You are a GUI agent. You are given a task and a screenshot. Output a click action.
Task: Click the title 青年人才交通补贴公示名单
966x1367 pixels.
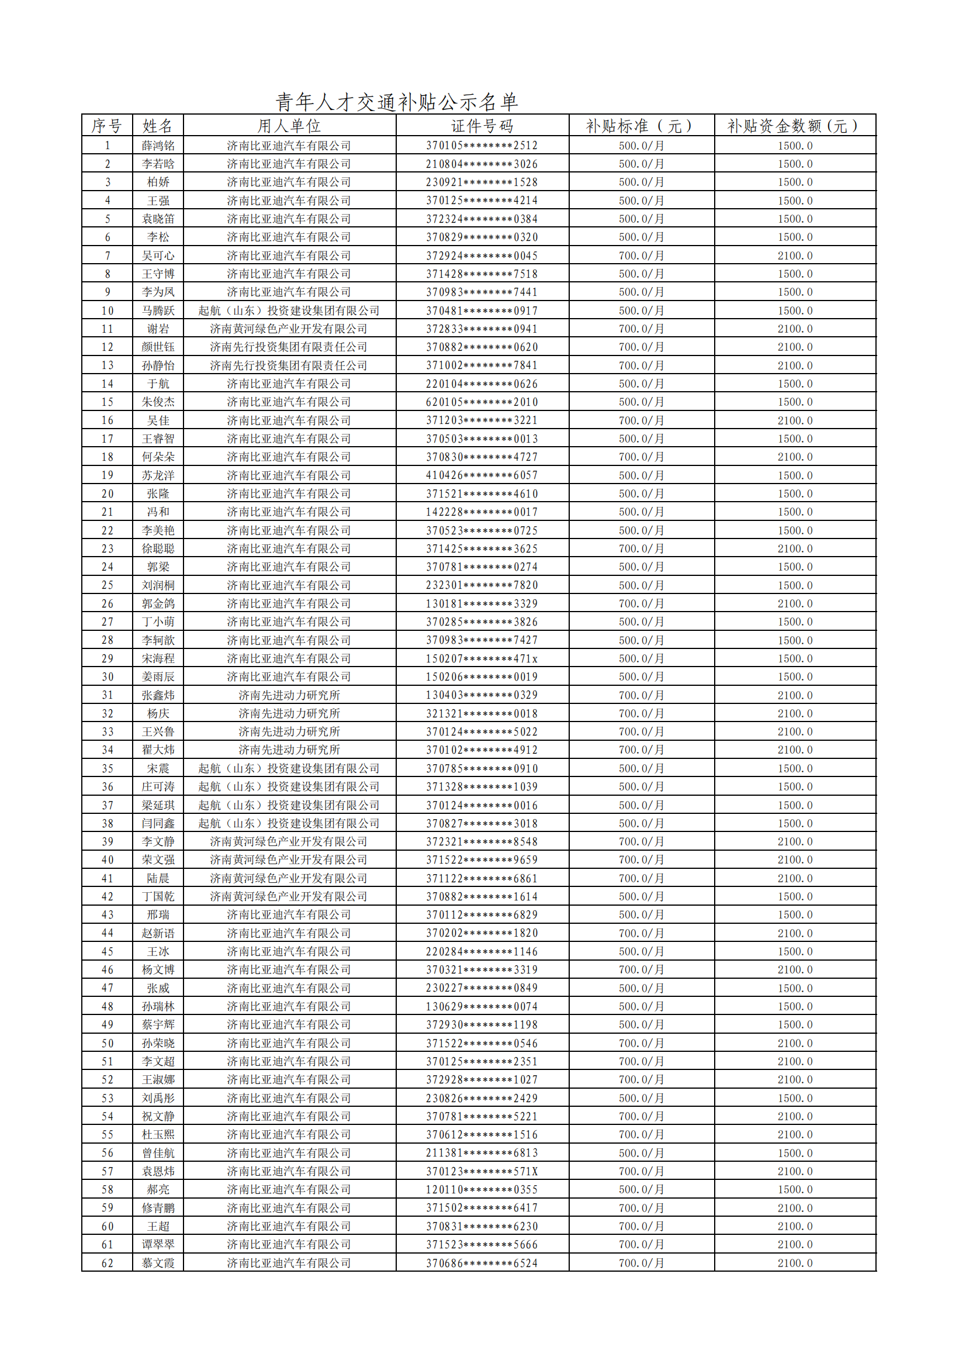tap(396, 102)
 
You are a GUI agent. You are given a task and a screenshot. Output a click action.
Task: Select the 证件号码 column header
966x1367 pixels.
tap(482, 126)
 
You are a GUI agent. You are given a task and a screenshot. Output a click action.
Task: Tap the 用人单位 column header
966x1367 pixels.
tap(289, 126)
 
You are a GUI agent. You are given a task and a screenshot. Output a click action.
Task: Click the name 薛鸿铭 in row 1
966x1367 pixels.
tap(158, 145)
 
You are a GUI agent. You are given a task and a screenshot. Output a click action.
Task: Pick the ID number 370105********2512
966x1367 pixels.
tap(482, 145)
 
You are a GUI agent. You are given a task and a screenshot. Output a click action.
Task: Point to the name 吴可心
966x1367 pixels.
tap(158, 256)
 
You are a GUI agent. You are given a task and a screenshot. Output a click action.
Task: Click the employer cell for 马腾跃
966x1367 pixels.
tap(289, 310)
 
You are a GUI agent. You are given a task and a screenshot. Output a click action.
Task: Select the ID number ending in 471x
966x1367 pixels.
tap(482, 658)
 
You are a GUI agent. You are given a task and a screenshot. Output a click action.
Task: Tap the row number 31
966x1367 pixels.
tap(107, 695)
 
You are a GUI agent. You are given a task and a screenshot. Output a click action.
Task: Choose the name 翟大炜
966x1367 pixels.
tap(158, 750)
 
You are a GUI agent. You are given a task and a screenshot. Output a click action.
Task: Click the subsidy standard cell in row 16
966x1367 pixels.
tap(641, 420)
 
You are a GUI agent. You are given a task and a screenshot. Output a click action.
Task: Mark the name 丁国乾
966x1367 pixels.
tap(158, 896)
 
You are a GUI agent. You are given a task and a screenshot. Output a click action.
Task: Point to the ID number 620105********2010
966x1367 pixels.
tap(482, 402)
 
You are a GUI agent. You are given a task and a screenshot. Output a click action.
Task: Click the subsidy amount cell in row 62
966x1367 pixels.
tap(795, 1263)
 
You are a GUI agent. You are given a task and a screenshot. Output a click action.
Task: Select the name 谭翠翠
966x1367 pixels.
tap(158, 1244)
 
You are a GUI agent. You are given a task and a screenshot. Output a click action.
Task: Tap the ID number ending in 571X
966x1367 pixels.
tap(482, 1171)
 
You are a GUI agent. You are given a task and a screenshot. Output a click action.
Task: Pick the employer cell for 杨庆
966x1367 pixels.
tap(289, 713)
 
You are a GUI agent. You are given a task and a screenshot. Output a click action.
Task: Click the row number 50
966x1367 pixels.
tap(107, 1043)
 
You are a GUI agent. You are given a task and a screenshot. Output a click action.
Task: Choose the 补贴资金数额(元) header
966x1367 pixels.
tap(795, 126)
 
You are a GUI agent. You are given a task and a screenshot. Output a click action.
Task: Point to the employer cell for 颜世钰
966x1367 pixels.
tap(289, 347)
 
